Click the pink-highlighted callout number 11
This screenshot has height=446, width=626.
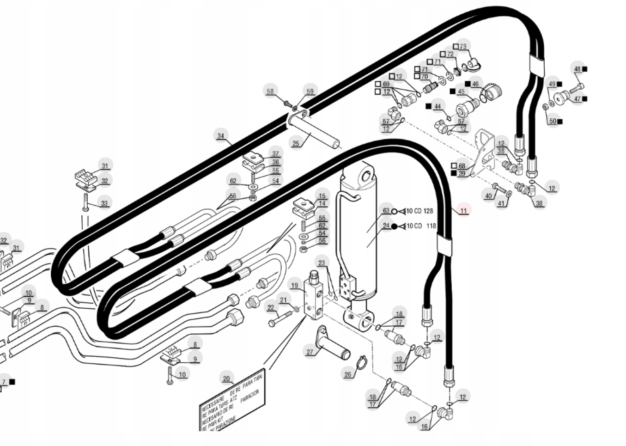[463, 210]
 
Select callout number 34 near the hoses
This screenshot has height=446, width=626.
[221, 136]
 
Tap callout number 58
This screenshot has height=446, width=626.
[270, 92]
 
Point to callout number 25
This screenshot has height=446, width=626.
[296, 143]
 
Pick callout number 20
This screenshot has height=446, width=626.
[226, 379]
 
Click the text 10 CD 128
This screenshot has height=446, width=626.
[419, 211]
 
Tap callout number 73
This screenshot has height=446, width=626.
[463, 46]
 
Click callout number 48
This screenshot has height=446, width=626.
[577, 69]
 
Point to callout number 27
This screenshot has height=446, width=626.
[310, 352]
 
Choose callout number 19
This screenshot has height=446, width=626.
[294, 285]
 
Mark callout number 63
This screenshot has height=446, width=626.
[386, 211]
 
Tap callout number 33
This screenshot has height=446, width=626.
[104, 203]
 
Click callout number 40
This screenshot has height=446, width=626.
[488, 196]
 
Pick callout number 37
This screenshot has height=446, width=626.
[275, 153]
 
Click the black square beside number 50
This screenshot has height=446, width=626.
[560, 122]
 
